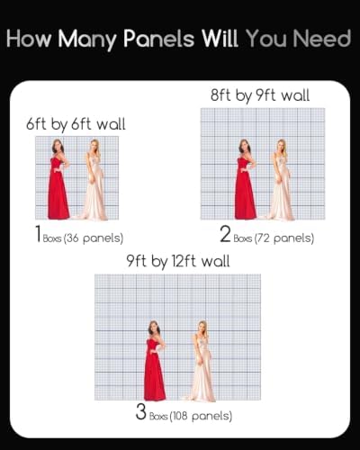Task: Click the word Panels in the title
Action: (159, 39)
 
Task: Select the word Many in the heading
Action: (87, 40)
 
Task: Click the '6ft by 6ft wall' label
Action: (76, 124)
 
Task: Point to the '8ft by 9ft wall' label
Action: (260, 95)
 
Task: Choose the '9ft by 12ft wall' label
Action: (178, 261)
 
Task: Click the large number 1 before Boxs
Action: (38, 234)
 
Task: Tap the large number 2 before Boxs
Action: (225, 234)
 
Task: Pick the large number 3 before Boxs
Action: (140, 412)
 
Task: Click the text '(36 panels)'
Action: (94, 238)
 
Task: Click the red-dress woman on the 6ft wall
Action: (58, 179)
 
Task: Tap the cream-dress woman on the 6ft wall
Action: (94, 180)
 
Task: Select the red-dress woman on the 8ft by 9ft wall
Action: (246, 179)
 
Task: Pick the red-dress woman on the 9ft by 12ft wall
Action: (155, 361)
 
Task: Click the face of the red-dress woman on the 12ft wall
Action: (154, 328)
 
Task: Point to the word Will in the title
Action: (220, 39)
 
